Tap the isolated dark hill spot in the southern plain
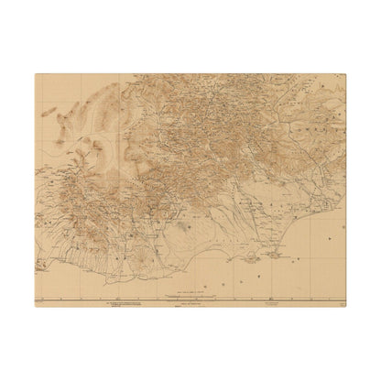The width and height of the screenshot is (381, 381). coord(189,223)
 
